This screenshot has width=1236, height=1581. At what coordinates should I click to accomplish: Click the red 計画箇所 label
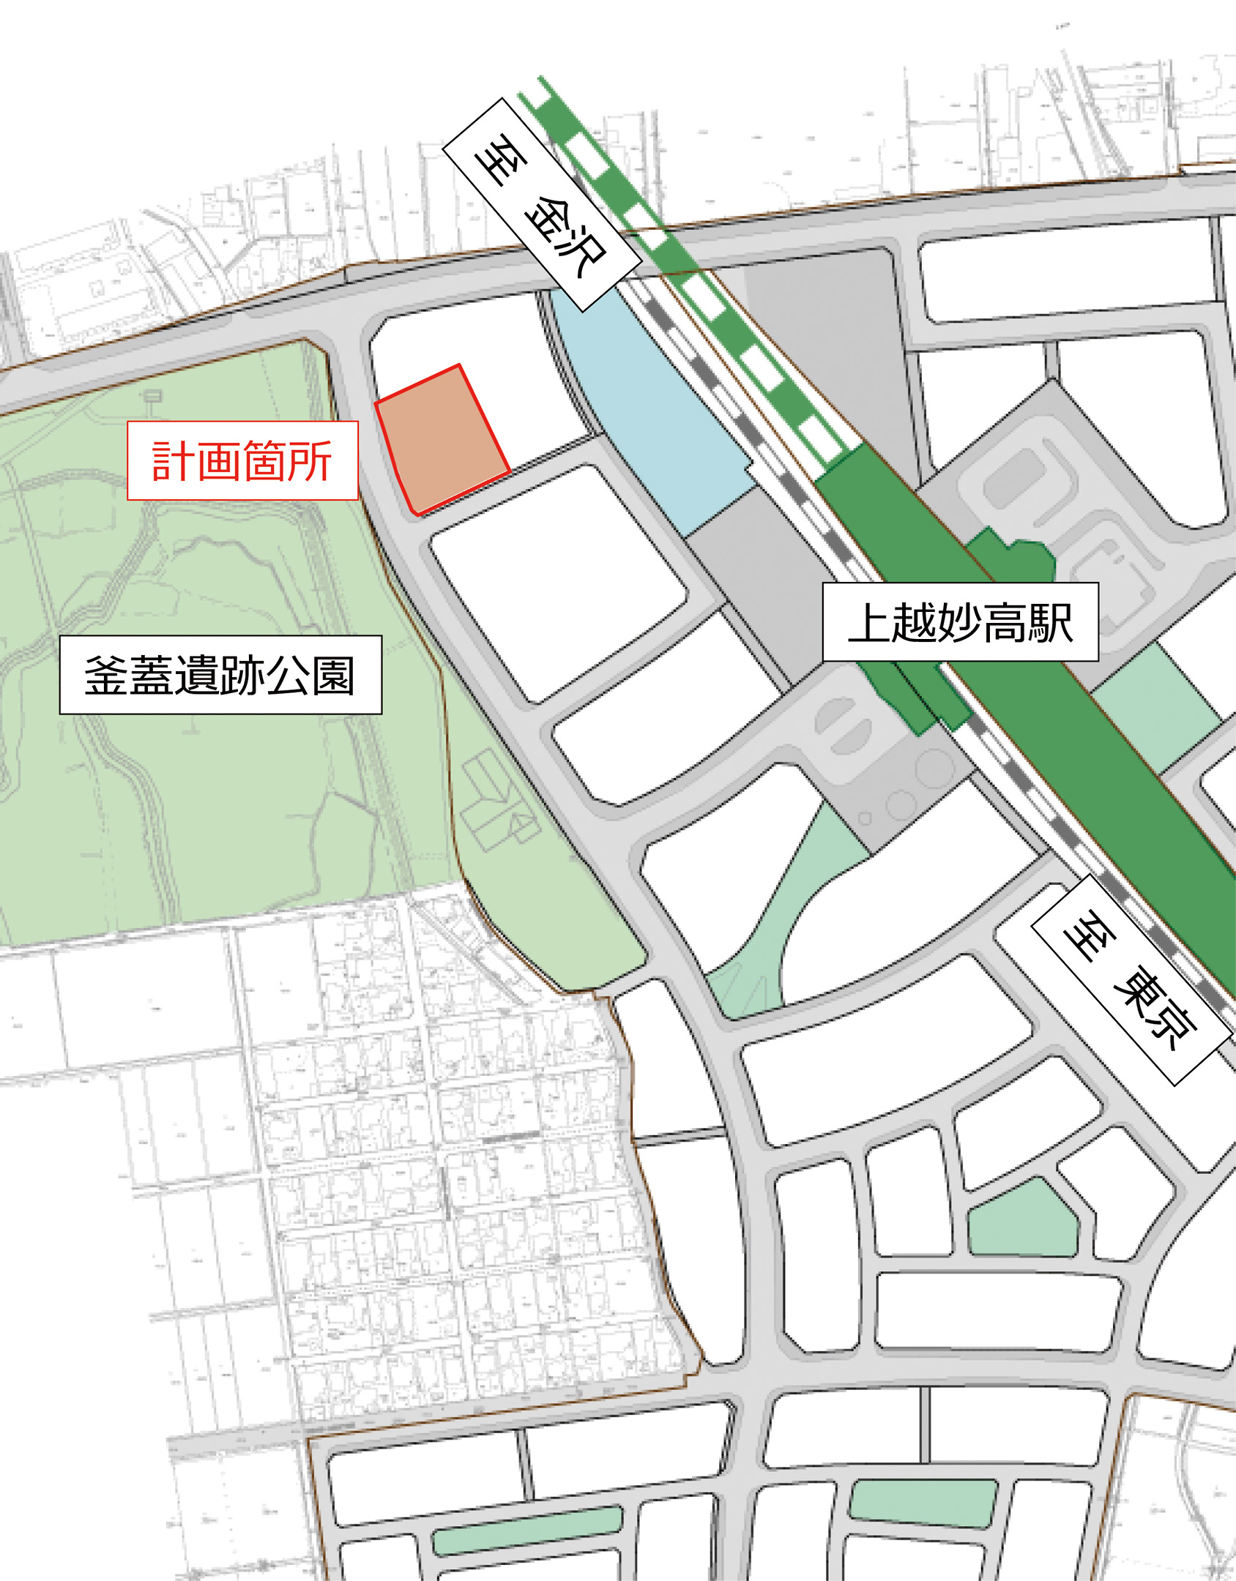[x=242, y=460]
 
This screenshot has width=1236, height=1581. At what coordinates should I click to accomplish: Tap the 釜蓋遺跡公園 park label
[x=220, y=674]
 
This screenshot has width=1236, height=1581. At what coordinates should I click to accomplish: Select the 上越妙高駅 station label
[x=960, y=622]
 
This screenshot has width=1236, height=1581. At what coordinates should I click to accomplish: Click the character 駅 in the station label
[x=1051, y=622]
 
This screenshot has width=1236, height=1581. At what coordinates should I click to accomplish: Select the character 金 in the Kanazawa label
[x=549, y=217]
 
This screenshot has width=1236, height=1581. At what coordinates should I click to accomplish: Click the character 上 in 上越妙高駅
[x=870, y=622]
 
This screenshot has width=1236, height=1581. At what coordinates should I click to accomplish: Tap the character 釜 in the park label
[x=107, y=675]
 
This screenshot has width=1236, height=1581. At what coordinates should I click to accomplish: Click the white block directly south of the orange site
[x=556, y=582]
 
